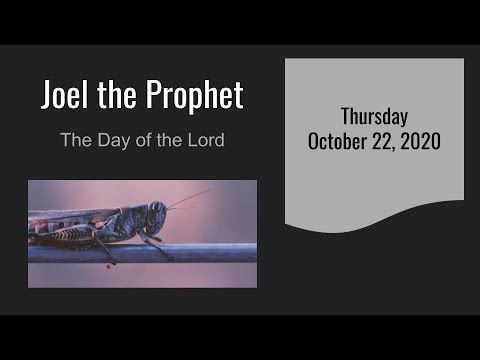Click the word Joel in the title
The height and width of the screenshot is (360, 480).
click(x=64, y=95)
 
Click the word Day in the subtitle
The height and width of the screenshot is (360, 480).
click(x=110, y=139)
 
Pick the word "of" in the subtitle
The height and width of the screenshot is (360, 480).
click(x=145, y=139)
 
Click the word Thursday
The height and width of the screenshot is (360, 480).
click(x=374, y=116)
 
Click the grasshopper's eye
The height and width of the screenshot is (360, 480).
click(x=157, y=211)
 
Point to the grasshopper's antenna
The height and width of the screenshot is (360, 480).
click(x=186, y=199)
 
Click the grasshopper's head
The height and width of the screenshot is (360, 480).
click(x=157, y=216)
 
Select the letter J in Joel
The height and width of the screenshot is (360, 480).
click(x=47, y=95)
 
